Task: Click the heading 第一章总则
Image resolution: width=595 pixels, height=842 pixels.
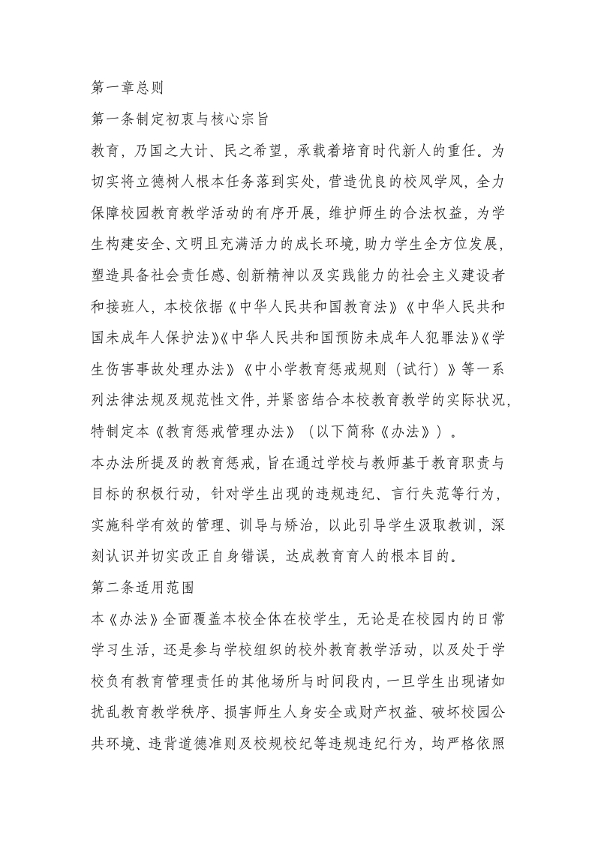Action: pyautogui.click(x=127, y=88)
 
